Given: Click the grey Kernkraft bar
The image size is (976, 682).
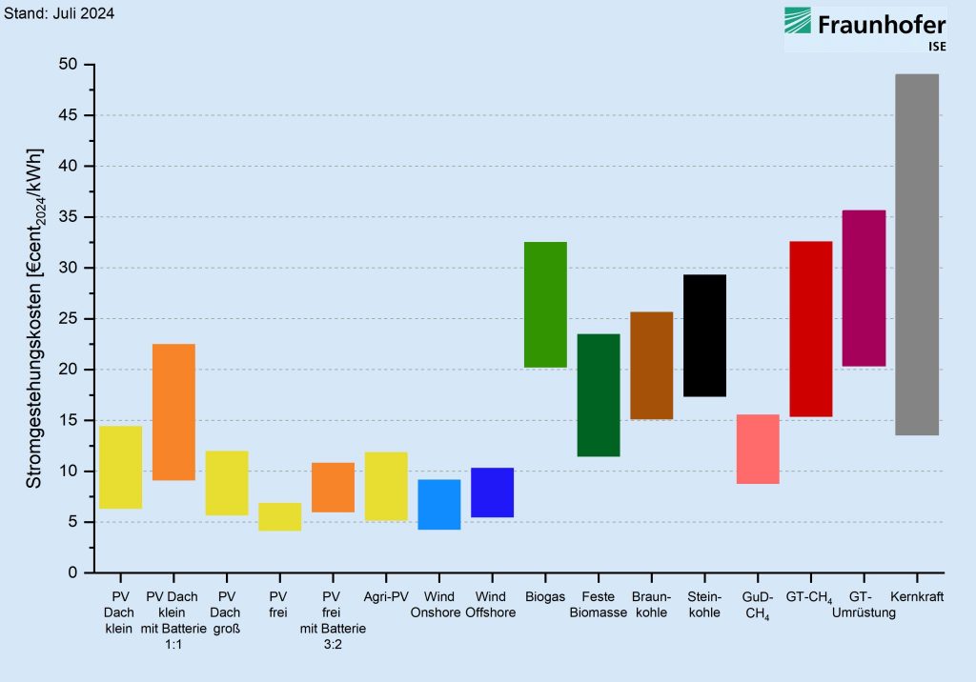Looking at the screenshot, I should coord(917,254).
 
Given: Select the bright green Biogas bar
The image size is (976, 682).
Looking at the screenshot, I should coord(545,305).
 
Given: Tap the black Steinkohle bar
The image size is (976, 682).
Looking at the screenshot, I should coord(704,335).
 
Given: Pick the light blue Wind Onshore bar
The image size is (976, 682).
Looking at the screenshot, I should coord(439,504).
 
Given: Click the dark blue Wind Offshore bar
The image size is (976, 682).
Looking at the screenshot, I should coord(492,492).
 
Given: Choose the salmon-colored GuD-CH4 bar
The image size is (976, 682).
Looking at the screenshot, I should coord(758,449).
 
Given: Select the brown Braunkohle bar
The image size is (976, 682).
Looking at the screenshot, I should coord(651,365).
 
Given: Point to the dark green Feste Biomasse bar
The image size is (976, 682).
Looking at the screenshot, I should coord(599,395).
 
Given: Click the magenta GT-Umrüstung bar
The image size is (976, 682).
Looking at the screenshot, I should coord(864,288).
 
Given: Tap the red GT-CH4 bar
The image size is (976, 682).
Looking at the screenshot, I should coord(811,329).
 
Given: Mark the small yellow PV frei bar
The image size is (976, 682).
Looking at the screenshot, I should coord(280,516).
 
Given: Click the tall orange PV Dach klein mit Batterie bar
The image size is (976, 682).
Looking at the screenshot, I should coord(173,411).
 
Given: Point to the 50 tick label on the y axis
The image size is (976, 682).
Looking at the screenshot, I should coord(69,65).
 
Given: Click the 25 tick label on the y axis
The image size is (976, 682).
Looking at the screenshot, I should coord(69,318).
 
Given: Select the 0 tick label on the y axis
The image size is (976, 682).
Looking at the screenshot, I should coord(74,572).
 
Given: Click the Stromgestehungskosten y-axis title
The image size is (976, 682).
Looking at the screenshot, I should coord(34,319).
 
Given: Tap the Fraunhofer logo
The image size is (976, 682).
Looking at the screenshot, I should coord(864,29).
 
